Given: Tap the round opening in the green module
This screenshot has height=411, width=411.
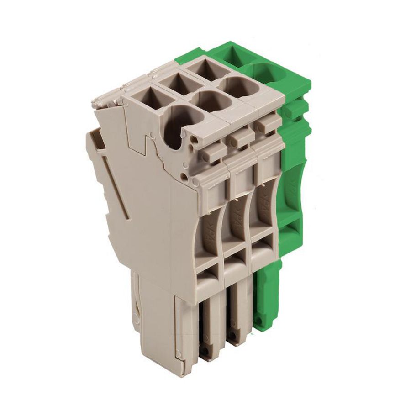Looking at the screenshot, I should pyautogui.click(x=266, y=73).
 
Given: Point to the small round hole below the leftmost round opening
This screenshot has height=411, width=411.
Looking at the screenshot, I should pyautogui.click(x=184, y=175).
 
